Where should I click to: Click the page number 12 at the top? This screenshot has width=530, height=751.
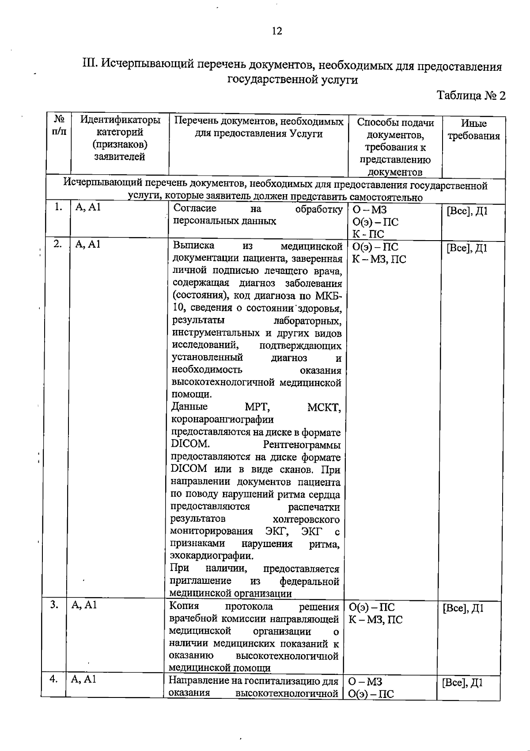point(277,31)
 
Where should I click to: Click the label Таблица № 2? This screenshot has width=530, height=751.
point(470,96)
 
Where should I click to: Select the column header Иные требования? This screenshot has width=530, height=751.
point(473,130)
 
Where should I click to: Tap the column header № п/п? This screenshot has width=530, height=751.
point(59,125)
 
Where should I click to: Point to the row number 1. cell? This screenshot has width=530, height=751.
point(58,207)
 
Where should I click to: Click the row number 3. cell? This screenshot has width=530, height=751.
point(54,605)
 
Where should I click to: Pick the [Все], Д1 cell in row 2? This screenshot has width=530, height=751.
point(467,248)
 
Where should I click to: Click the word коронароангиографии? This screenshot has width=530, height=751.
point(222,419)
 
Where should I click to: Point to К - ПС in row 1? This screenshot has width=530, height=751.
point(368,234)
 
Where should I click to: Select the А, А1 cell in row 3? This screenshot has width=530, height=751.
point(84,605)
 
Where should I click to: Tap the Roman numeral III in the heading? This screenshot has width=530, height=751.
point(90,65)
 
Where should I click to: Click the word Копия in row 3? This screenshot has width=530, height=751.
point(184,606)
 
